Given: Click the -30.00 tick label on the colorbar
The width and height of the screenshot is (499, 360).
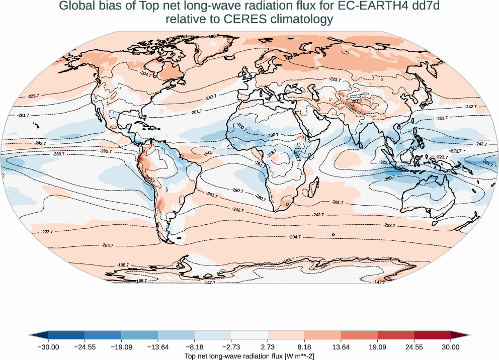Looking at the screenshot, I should [49, 346].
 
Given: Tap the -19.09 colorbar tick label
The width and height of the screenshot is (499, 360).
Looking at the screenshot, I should [122, 346].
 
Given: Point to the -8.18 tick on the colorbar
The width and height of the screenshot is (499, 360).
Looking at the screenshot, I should [195, 346].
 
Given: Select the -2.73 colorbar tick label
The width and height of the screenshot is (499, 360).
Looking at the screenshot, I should [231, 346].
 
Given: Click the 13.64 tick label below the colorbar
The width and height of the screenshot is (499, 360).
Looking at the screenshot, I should [341, 346].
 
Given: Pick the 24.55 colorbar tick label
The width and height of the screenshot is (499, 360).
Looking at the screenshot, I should [414, 346].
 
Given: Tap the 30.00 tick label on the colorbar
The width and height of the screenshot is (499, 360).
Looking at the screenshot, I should [451, 346].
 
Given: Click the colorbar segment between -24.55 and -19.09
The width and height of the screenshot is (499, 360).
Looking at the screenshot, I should [103, 335].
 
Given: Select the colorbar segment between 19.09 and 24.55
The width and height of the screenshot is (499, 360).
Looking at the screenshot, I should [396, 335].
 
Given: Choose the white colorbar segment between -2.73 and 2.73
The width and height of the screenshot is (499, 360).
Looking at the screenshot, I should [249, 335].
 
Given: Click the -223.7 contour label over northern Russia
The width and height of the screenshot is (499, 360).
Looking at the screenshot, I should [335, 80].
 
